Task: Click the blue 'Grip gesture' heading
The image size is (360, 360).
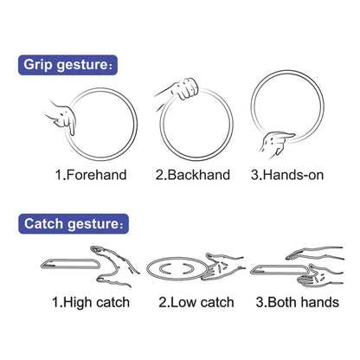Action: click(67, 65)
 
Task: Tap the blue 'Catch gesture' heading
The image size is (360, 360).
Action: click(74, 224)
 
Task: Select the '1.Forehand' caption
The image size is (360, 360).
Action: click(91, 175)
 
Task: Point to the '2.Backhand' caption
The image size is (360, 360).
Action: click(193, 175)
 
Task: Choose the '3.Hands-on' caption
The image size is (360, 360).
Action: click(287, 175)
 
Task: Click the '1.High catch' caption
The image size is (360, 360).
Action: click(91, 302)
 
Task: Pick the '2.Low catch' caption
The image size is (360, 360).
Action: click(196, 302)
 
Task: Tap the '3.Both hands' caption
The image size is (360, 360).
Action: click(298, 302)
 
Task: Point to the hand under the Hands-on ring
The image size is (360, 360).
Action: click(276, 144)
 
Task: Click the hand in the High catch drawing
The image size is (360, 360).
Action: click(115, 266)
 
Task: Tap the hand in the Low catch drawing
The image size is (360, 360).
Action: click(222, 267)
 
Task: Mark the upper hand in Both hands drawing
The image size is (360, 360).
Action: click(314, 254)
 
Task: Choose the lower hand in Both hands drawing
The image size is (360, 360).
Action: click(320, 275)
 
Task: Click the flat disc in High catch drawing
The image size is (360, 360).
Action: click(70, 264)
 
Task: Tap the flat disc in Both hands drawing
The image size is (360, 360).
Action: click(280, 270)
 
